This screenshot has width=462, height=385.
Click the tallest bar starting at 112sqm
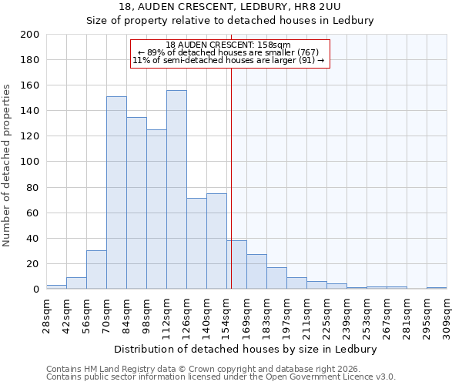coord(176,189)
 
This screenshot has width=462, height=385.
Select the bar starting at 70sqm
coord(116,192)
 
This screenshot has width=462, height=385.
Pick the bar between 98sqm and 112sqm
coord(156,209)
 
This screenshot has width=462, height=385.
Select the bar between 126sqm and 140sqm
coord(196,243)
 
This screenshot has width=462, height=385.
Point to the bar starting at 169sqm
coord(256,271)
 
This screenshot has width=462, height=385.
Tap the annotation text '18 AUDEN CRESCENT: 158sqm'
coord(228,45)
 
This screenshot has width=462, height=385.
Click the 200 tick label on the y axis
coord(31,35)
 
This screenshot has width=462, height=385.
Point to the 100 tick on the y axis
coord(31,162)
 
